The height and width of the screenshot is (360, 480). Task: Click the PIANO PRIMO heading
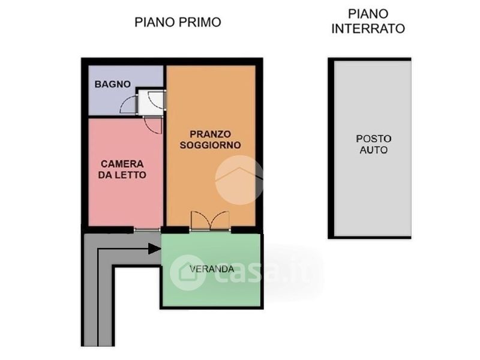178,22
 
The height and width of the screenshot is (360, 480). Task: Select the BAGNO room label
113,84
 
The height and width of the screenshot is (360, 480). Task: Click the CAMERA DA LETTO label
122,169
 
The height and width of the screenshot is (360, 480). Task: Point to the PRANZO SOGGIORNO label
211,139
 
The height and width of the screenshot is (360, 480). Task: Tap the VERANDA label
212,269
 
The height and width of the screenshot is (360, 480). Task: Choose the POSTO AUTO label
373,144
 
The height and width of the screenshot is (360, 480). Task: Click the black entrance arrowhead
155,248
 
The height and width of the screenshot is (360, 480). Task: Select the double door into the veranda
210,220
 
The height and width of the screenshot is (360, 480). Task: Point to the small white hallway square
151,103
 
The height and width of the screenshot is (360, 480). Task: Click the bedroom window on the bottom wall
147,230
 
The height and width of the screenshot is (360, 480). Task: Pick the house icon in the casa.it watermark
187,272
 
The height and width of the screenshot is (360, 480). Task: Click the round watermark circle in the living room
239,180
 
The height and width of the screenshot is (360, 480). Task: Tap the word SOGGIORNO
211,145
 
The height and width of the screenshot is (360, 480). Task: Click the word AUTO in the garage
373,149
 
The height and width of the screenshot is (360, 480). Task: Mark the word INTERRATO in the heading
368,28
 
